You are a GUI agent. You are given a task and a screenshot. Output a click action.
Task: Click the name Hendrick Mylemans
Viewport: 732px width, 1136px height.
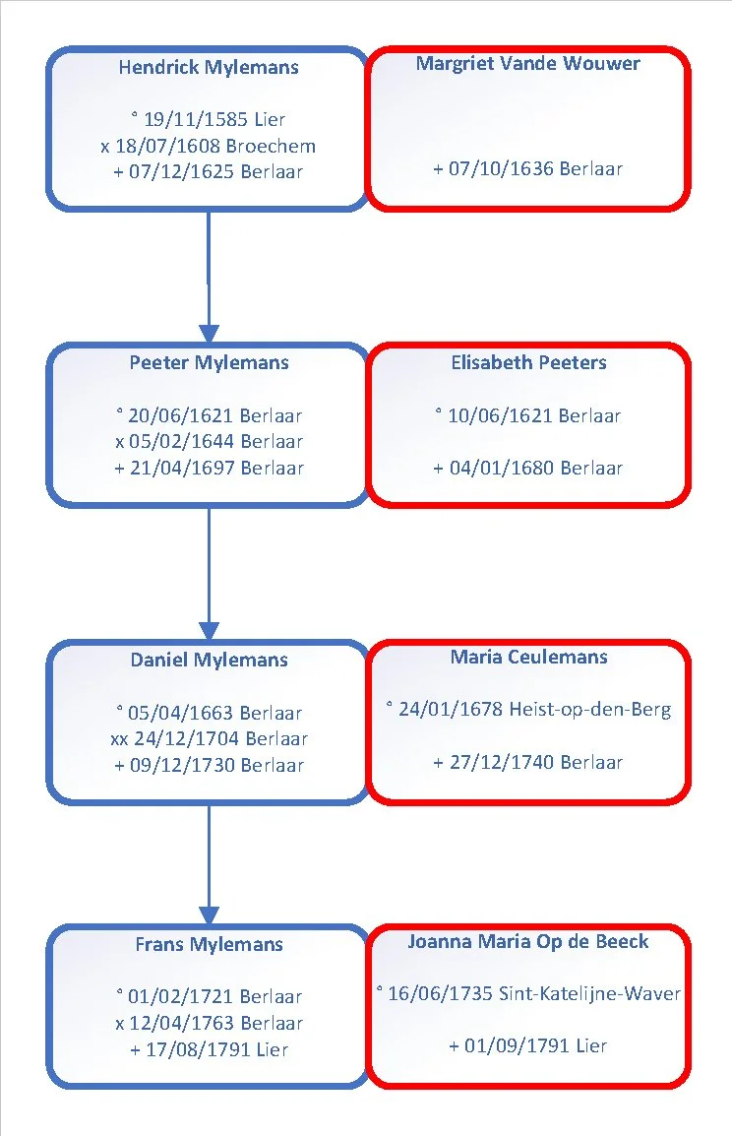209,67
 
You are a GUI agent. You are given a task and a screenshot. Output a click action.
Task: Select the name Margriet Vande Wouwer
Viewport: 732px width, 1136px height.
527,64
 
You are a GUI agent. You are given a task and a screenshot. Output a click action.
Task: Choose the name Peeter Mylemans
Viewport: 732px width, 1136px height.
209,363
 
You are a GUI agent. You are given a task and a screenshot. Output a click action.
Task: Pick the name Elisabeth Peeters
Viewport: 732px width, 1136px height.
528,363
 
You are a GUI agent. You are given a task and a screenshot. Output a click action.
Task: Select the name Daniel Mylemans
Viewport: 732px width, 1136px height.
209,660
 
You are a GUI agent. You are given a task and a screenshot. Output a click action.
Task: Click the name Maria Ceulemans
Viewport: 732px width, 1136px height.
528,658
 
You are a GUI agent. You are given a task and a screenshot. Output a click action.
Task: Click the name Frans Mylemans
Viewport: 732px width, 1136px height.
209,944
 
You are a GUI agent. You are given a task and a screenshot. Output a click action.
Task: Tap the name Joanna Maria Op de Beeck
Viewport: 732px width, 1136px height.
527,941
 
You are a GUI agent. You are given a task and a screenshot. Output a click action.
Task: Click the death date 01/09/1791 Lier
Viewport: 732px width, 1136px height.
527,1045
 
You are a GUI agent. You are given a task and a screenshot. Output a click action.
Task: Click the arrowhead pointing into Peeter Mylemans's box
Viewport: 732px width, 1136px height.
209,334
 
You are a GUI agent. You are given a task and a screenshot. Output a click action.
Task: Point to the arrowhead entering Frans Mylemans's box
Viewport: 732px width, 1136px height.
209,915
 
